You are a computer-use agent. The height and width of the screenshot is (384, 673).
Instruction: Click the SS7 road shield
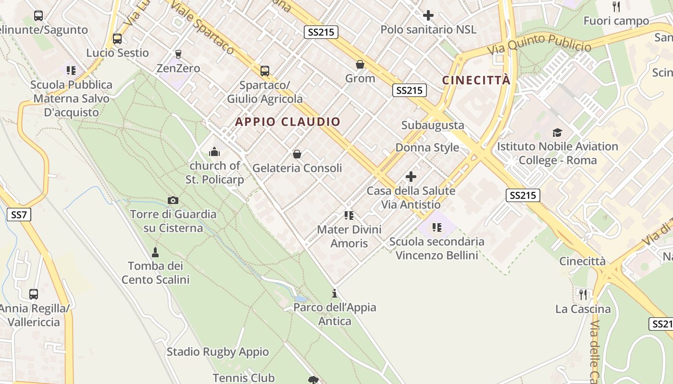pyautogui.click(x=19, y=215)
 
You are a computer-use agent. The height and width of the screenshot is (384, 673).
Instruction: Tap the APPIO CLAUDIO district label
pyautogui.click(x=287, y=122)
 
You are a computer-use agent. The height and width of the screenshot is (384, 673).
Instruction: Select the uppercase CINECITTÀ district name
pyautogui.click(x=476, y=80)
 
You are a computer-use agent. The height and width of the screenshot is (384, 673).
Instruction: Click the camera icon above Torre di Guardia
pyautogui.click(x=173, y=200)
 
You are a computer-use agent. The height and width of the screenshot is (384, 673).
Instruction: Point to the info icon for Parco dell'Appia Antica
pyautogui.click(x=335, y=293)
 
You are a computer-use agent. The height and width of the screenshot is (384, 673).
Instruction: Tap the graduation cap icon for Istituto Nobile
pyautogui.click(x=557, y=132)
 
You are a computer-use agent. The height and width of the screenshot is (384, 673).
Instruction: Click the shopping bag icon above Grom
pyautogui.click(x=360, y=64)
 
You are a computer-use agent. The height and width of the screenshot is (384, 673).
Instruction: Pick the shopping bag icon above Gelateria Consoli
pyautogui.click(x=297, y=154)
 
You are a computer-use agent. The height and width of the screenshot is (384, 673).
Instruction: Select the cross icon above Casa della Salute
pyautogui.click(x=411, y=177)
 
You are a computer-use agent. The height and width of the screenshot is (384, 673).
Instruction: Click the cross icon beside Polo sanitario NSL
pyautogui.click(x=428, y=15)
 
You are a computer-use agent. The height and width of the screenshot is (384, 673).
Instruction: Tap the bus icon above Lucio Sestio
pyautogui.click(x=117, y=39)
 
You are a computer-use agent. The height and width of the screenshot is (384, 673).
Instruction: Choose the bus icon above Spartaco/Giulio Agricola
pyautogui.click(x=264, y=71)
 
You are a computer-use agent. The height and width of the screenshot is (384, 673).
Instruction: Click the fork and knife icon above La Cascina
pyautogui.click(x=583, y=294)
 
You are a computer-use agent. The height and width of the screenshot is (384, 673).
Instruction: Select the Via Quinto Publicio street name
pyautogui.click(x=539, y=45)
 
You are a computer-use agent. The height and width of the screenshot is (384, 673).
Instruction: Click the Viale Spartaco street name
pyautogui.click(x=202, y=27)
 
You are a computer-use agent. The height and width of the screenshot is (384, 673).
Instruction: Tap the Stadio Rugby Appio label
pyautogui.click(x=217, y=352)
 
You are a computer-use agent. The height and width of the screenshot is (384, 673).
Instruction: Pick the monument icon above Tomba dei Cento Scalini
pyautogui.click(x=155, y=252)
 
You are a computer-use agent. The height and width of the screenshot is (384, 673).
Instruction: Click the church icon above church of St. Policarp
pyautogui.click(x=214, y=152)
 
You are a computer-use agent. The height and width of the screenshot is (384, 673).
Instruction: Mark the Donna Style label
pyautogui.click(x=427, y=147)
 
